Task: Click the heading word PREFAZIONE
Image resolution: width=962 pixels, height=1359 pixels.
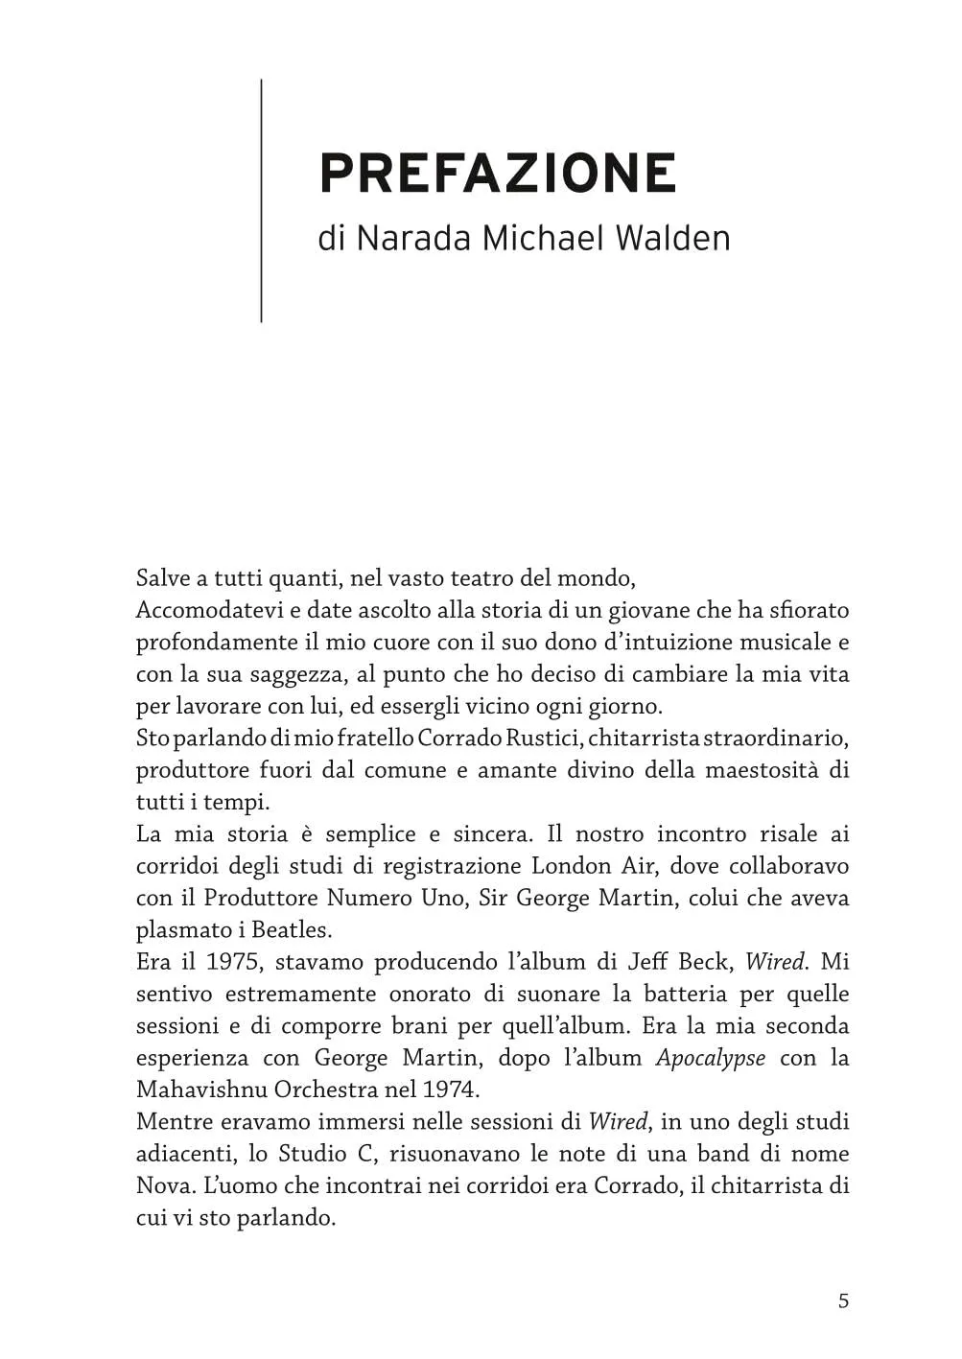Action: click(x=498, y=174)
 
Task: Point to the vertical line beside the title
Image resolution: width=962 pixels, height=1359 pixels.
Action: click(x=261, y=200)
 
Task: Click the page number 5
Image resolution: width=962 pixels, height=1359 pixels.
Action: click(x=843, y=1300)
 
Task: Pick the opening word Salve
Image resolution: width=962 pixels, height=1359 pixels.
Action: click(x=163, y=578)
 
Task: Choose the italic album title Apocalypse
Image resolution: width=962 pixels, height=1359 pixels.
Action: click(x=711, y=1058)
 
